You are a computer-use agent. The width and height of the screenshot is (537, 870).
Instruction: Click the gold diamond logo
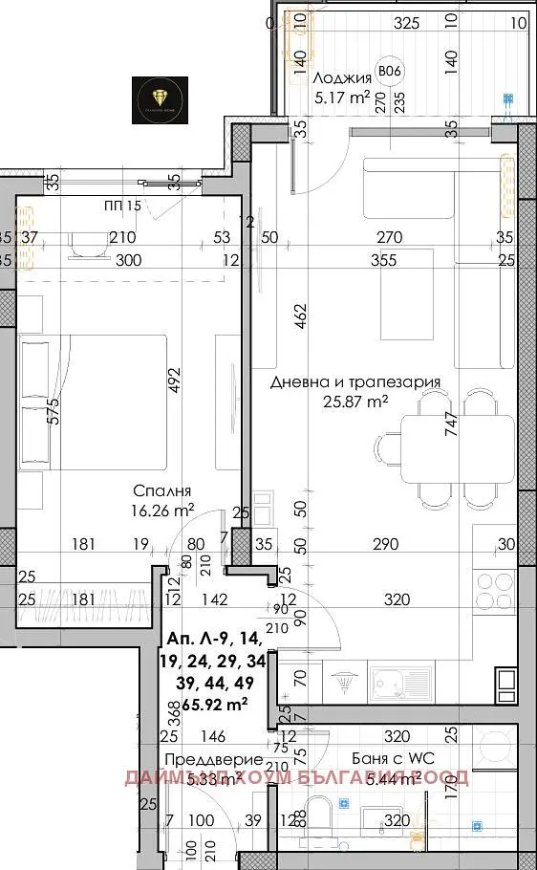tap(159, 95)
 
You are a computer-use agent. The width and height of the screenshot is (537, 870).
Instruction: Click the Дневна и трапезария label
tap(354, 382)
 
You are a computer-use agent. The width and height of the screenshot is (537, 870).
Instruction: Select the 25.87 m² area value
tap(355, 402)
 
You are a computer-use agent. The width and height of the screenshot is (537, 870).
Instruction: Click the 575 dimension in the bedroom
tap(53, 410)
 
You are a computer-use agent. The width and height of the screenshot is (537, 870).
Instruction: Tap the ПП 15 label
tap(122, 206)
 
